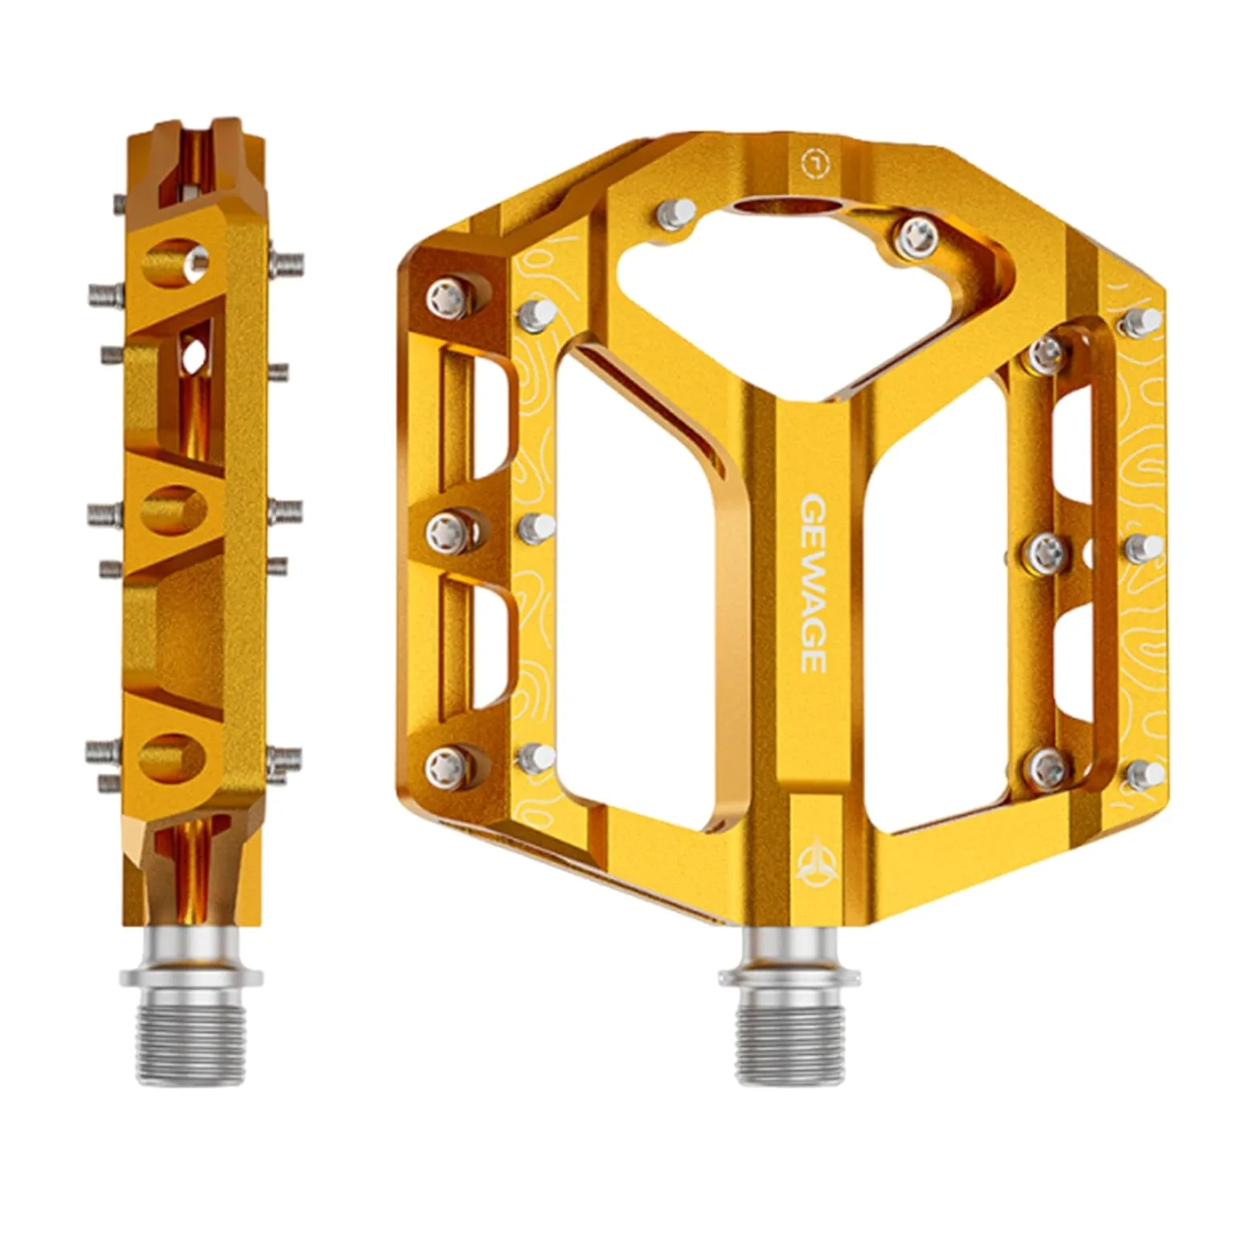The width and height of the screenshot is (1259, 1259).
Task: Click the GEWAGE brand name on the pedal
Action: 814,583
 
